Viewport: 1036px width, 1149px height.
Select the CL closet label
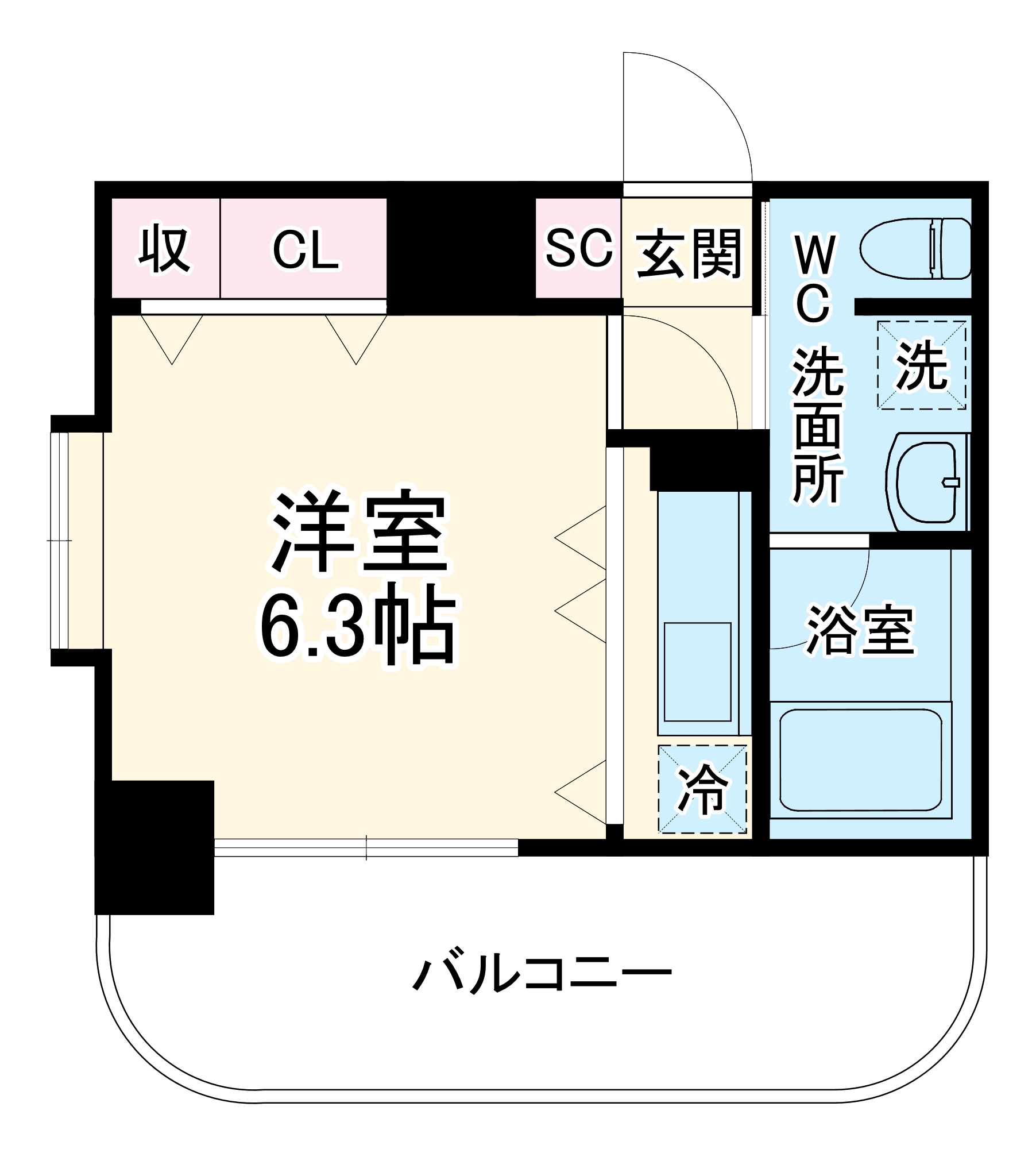(x=305, y=250)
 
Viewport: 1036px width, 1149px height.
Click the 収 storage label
(x=164, y=250)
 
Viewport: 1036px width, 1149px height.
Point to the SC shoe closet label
(x=578, y=248)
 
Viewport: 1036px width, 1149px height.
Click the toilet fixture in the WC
(x=915, y=248)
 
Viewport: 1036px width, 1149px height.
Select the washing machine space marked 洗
(x=921, y=365)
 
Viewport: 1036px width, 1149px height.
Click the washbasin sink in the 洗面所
(x=925, y=481)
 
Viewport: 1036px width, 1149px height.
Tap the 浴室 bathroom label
(x=860, y=630)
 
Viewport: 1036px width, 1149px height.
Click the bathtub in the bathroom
(x=860, y=760)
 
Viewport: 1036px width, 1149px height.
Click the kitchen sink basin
(x=697, y=672)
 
